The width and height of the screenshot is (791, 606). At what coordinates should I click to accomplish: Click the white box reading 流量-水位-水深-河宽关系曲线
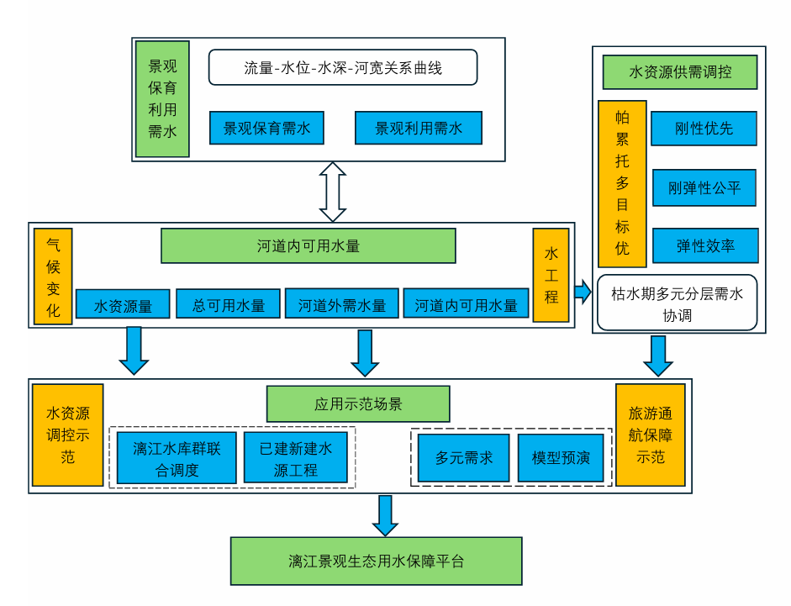point(343,67)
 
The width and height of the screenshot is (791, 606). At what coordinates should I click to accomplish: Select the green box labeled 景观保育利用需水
point(162,98)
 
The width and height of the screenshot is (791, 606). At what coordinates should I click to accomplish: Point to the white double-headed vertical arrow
point(334,192)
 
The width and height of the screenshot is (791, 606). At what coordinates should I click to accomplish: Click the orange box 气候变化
point(53,277)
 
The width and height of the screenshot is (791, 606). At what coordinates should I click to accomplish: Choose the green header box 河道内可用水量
point(308,246)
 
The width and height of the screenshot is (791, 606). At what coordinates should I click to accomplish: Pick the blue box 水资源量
point(123,304)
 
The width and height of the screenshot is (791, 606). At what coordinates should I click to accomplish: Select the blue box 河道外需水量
point(341,304)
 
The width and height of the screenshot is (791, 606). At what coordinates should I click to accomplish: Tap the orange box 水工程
point(551,275)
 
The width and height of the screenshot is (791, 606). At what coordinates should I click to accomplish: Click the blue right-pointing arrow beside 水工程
point(582,292)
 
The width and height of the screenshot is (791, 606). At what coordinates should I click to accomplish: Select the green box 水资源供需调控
point(680,72)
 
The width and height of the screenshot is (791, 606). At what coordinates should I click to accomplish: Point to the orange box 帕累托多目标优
point(621,183)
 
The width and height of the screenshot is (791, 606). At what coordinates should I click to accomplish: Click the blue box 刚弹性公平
point(704,187)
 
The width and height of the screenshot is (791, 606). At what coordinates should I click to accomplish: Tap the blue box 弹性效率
point(705,245)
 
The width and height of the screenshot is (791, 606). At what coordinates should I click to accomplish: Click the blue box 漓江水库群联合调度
point(177,459)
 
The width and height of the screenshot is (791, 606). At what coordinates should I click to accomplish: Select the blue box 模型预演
point(561,458)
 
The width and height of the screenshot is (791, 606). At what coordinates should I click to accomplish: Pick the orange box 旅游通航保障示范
point(650,435)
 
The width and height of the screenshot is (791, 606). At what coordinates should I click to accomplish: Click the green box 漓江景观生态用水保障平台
point(376,561)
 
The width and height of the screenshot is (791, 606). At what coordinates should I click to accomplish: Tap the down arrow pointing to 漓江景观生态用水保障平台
point(385,515)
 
